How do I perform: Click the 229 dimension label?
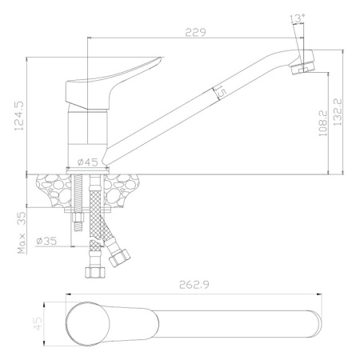click(196, 33)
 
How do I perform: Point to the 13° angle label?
click(297, 18)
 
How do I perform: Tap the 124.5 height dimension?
click(20, 115)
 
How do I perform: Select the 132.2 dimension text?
click(338, 112)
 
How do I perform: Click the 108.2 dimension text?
click(323, 123)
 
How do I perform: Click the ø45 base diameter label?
click(87, 162)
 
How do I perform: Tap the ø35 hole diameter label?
click(46, 241)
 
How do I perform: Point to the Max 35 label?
click(22, 233)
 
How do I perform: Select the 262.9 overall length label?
click(194, 285)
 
